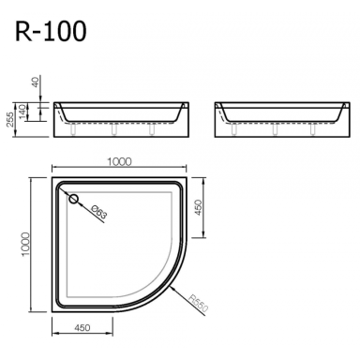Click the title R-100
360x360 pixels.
pyautogui.click(x=51, y=32)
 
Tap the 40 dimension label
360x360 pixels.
pyautogui.click(x=36, y=82)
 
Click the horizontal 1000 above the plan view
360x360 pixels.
pyautogui.click(x=119, y=161)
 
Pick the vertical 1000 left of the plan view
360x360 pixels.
pyautogui.click(x=25, y=245)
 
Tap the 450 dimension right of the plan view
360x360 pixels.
pyautogui.click(x=199, y=207)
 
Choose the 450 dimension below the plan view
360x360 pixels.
pyautogui.click(x=82, y=327)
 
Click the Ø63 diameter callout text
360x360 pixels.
pyautogui.click(x=99, y=212)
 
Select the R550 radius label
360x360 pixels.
pyautogui.click(x=199, y=303)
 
